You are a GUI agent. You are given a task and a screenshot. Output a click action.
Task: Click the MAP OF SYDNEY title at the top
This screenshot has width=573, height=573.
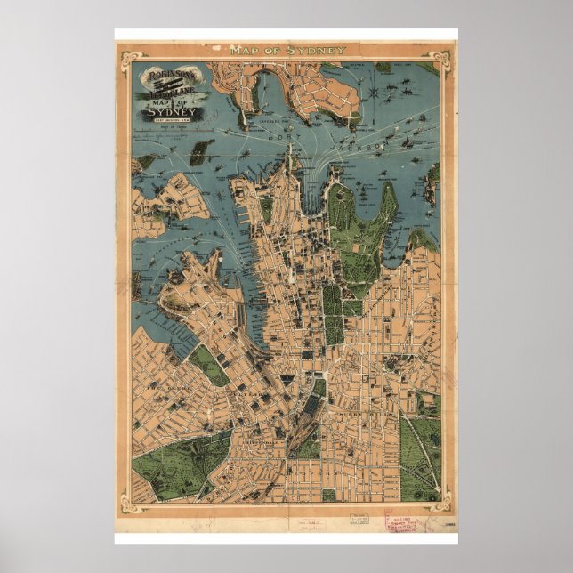coord(287,50)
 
